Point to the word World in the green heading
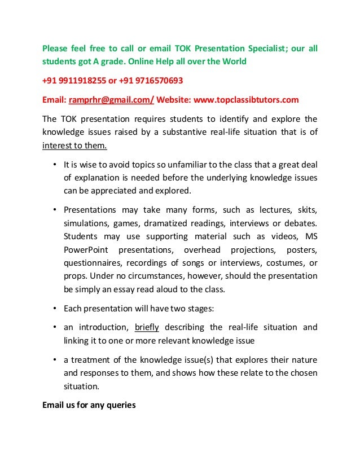tap(232, 61)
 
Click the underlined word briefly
tap(147, 327)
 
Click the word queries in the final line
tap(120, 405)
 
